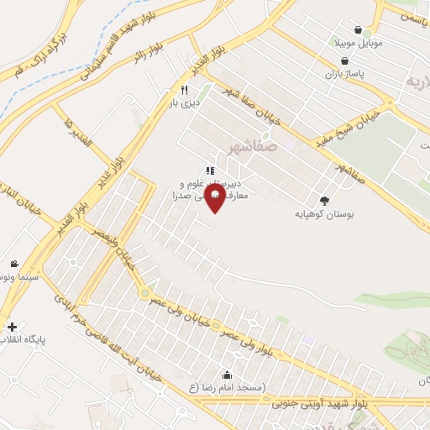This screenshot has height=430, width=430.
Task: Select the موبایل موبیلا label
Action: (x=358, y=42)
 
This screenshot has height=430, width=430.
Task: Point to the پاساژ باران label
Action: (x=344, y=74)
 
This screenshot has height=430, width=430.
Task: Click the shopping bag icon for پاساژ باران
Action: (x=344, y=60)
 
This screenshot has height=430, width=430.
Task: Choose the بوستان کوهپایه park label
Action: (x=325, y=214)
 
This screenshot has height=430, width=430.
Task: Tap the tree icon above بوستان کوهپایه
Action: (x=325, y=200)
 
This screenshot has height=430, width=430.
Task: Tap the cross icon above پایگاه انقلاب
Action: (x=12, y=326)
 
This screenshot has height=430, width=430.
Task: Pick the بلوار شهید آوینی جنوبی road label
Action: (x=318, y=402)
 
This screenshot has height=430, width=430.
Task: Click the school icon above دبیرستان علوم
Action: (x=208, y=169)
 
